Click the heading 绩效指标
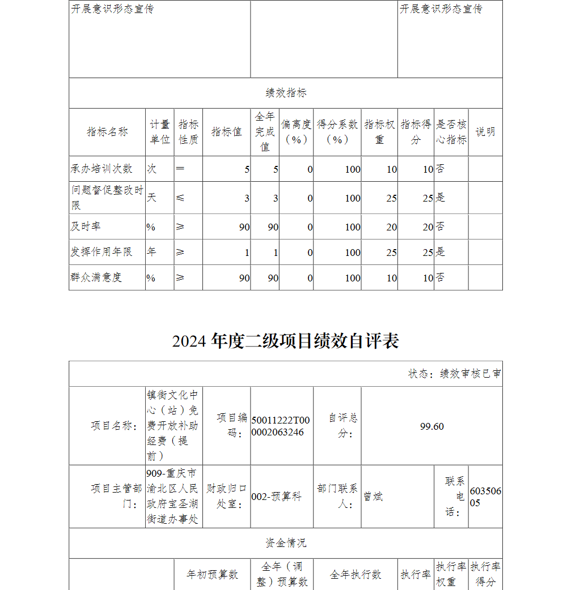[286, 93]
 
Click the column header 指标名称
[107, 132]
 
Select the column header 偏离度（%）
[296, 132]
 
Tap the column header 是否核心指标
[451, 132]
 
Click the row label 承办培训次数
[101, 169]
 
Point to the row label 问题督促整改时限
[107, 197]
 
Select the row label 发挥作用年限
[101, 252]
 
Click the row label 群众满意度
[96, 277]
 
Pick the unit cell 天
[151, 198]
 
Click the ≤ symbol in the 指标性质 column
[180, 198]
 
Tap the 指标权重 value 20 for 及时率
[391, 227]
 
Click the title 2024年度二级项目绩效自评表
[286, 341]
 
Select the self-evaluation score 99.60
[432, 426]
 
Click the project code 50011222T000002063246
[281, 426]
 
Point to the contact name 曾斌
[374, 497]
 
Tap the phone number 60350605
[485, 497]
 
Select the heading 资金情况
[286, 543]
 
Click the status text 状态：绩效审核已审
[454, 374]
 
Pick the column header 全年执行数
[356, 575]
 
